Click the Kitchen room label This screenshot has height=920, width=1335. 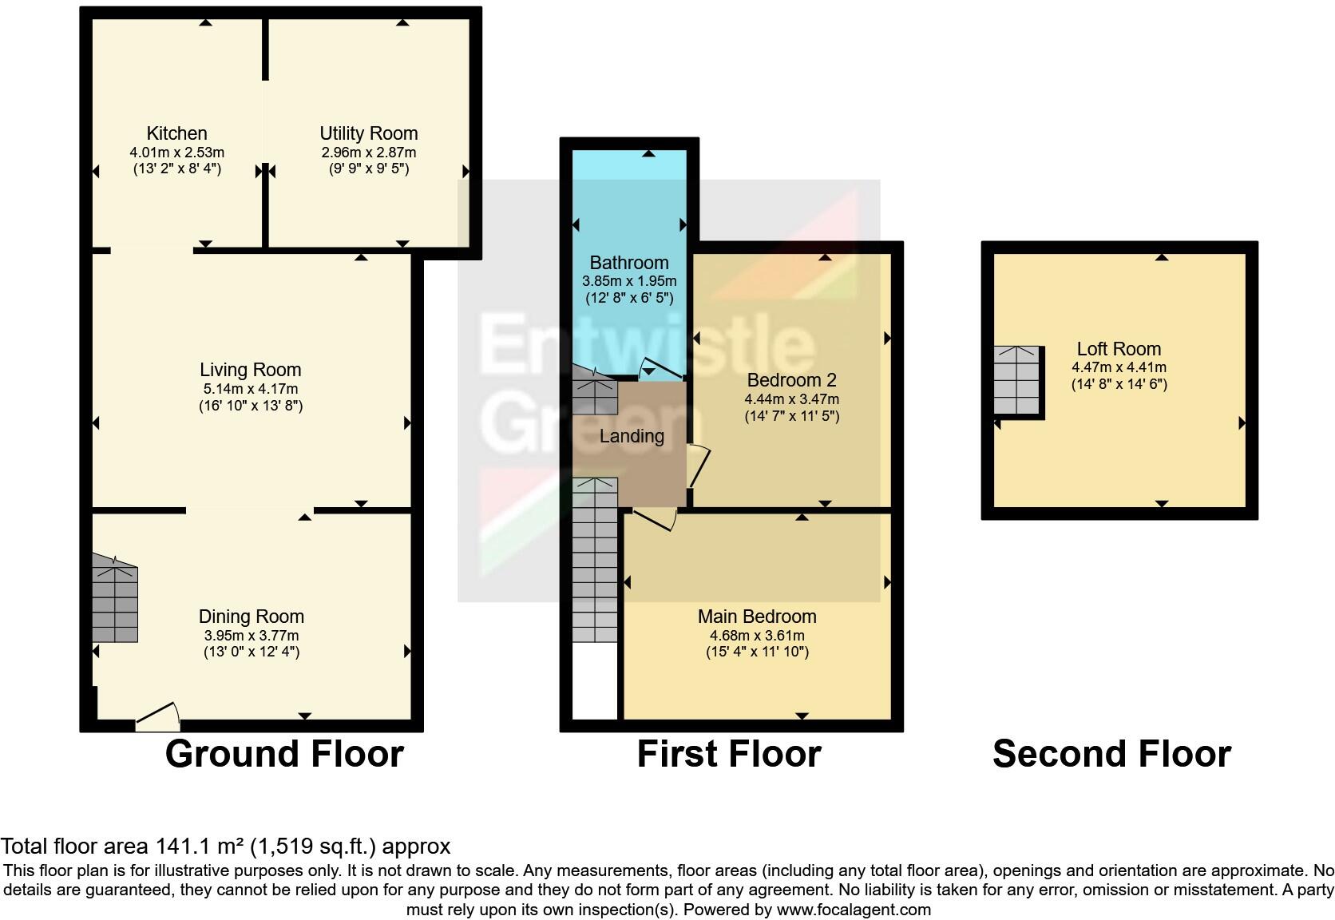(x=176, y=133)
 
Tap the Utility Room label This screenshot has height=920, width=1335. (x=368, y=133)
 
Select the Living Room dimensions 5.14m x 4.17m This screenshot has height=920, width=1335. (x=251, y=389)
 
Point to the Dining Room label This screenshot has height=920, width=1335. (x=251, y=617)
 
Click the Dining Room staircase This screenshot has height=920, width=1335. (x=115, y=601)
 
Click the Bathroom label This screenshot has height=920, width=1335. (x=629, y=263)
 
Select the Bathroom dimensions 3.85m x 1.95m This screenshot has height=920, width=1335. (x=629, y=281)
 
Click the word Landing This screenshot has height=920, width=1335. (x=632, y=436)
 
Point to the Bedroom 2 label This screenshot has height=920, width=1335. (x=791, y=380)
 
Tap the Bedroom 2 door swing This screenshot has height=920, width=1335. (x=698, y=465)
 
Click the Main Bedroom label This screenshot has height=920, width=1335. (x=757, y=617)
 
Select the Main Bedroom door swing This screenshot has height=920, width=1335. (x=656, y=519)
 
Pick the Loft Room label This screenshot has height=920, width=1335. (x=1119, y=349)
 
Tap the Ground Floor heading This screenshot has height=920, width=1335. (x=284, y=754)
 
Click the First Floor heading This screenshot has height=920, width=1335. (x=729, y=754)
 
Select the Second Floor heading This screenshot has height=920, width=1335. (x=1111, y=754)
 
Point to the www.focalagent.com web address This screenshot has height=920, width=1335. (x=853, y=910)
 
